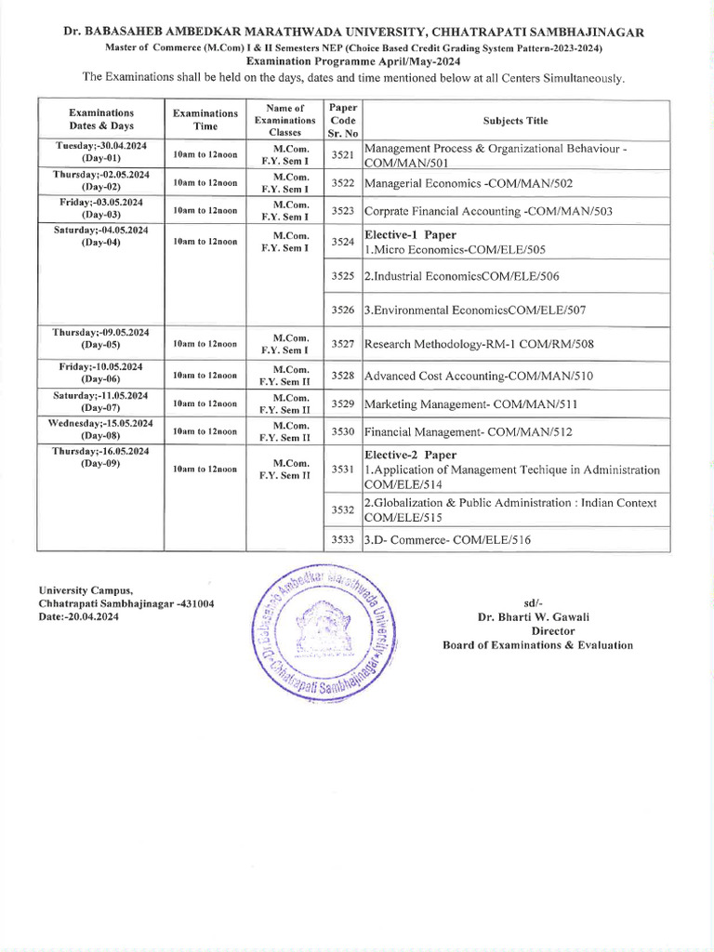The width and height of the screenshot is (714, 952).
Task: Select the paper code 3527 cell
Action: click(343, 344)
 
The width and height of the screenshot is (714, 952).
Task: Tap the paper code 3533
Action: click(343, 539)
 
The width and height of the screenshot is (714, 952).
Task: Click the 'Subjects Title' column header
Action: click(515, 121)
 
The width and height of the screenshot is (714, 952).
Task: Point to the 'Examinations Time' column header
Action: click(205, 120)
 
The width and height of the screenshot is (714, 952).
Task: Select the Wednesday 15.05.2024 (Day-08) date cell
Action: click(101, 430)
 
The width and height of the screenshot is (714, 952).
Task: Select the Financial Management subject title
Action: click(468, 432)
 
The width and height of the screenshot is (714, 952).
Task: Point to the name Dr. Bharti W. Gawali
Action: click(537, 616)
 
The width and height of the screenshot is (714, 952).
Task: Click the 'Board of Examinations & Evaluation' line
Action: click(537, 645)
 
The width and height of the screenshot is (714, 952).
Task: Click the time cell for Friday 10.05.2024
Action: click(205, 376)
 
